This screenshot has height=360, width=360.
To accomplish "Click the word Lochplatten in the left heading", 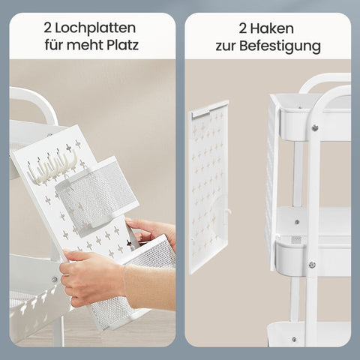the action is pos(95,28).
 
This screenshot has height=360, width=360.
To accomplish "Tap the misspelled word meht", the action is pos(84,45).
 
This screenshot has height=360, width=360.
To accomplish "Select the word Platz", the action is pos(123,45).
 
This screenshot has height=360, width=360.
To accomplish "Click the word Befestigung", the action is pos(280,46).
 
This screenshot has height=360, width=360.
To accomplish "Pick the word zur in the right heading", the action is pos(226,46).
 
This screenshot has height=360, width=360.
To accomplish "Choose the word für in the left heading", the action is pos(53,45).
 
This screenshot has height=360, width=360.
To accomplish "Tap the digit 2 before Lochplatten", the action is pos(47,28).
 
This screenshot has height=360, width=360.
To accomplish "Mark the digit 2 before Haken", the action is pos(242,28).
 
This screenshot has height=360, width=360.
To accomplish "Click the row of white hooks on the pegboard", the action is pos(52,166).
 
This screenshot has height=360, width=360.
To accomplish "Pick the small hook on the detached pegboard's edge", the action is pos(228,212).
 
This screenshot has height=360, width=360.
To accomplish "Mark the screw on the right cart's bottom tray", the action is pos(294,339).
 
